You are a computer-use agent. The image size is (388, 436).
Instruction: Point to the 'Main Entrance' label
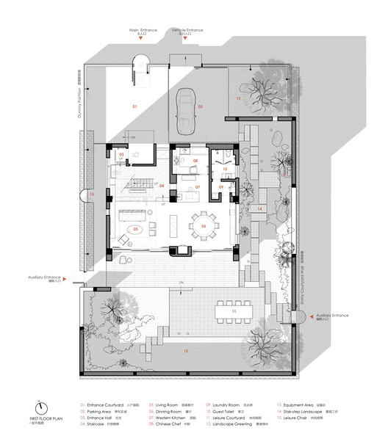tap(144, 30)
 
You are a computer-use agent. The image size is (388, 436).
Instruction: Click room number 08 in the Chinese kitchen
tap(195, 161)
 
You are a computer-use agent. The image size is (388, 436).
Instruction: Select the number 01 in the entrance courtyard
tap(134, 107)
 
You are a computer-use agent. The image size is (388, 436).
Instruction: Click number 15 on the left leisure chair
tap(92, 194)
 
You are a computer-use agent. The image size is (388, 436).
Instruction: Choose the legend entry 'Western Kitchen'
tap(172, 417)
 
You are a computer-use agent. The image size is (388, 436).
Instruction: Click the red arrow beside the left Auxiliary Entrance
tap(65, 279)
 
